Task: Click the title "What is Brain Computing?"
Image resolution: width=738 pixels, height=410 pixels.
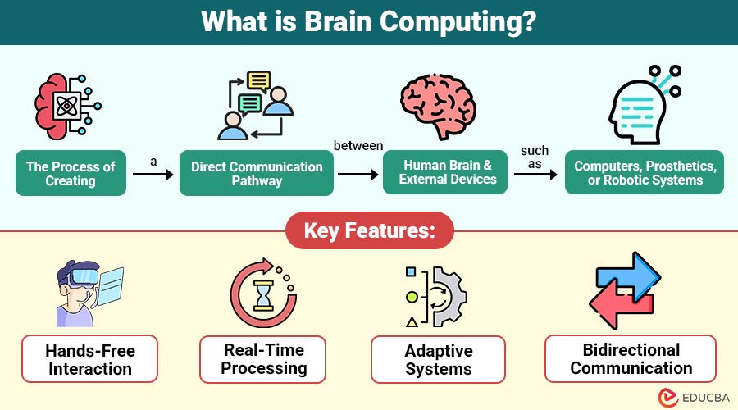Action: pos(369,21)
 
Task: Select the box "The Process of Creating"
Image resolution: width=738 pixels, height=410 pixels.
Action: pos(71,173)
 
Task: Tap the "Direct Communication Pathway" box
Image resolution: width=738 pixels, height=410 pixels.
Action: pos(257,173)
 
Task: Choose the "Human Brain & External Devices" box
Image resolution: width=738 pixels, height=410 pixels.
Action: pos(448,172)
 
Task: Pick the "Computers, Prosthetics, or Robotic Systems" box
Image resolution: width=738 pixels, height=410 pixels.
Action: pos(645,172)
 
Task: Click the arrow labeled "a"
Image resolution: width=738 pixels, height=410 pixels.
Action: pos(153,175)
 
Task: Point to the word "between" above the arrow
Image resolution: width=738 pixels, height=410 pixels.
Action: pos(358,146)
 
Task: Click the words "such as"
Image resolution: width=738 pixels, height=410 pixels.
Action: pos(535,157)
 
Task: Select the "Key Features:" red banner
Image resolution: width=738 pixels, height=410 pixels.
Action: pos(369,231)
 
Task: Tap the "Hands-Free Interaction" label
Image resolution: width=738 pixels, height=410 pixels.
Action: pos(91,359)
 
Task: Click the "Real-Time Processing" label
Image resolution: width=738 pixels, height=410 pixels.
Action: pos(263,359)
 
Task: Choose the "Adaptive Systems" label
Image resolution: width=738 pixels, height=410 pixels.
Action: pos(438,359)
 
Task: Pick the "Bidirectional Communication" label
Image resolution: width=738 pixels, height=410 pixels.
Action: pos(631,359)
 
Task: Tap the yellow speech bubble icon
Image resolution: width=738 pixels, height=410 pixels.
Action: pos(259,80)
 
